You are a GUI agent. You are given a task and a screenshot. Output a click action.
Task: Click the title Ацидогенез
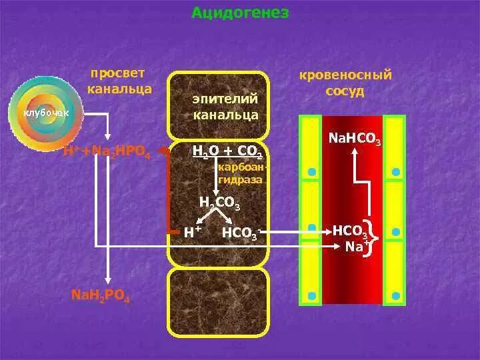240,13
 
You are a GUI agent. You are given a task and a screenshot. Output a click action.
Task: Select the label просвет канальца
119,81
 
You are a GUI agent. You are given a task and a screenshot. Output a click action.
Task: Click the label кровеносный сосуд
345,82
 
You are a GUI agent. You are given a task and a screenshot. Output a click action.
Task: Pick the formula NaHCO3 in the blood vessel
355,141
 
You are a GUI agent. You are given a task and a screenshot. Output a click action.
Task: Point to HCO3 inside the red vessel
350,231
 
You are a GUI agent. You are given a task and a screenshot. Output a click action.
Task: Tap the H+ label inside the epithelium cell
193,232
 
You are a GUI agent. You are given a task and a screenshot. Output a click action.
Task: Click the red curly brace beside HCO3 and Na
375,239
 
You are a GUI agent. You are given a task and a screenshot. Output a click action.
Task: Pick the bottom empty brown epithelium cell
219,306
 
